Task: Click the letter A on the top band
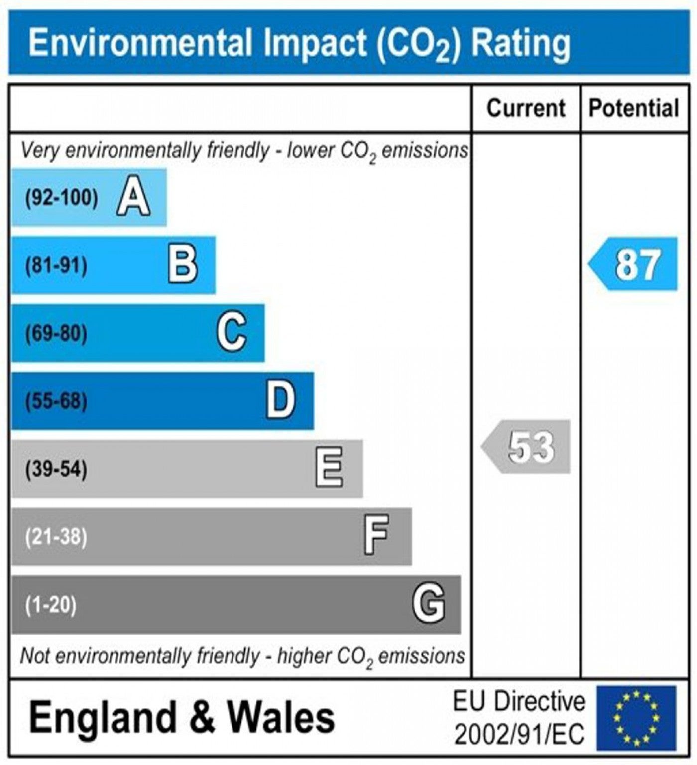coord(133,197)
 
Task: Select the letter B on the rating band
coord(183,265)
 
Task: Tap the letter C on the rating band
coord(232,333)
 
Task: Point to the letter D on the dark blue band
coord(281,400)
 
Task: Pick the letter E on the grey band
coord(329,468)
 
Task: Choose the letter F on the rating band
coord(376,536)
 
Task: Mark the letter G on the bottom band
coord(429,604)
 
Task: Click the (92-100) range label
coord(62,198)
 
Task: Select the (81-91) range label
coord(56,265)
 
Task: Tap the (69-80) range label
coord(56,333)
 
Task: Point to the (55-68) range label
coord(56,401)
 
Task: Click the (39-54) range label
coord(56,469)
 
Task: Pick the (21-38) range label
coord(56,536)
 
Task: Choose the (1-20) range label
coord(51,604)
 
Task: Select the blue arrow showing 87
coord(633,264)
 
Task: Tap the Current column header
coord(526,108)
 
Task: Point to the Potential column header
coord(634,108)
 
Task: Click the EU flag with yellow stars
coord(637,717)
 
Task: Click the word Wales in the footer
coord(281,717)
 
